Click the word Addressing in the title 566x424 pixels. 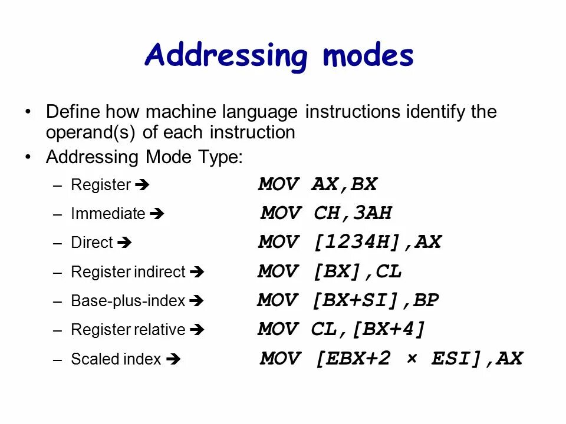click(226, 57)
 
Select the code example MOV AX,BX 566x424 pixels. click(317, 185)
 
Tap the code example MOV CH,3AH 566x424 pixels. click(326, 213)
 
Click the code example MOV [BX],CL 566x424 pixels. click(330, 271)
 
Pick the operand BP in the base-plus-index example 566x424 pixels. click(426, 300)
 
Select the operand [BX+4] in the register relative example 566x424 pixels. click(389, 329)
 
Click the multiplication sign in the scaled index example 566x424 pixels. click(411, 359)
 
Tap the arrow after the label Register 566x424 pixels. click(142, 185)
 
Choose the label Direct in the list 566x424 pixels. click(91, 243)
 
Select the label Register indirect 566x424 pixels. click(128, 272)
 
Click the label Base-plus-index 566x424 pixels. click(128, 301)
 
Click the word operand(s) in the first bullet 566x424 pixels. click(91, 132)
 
